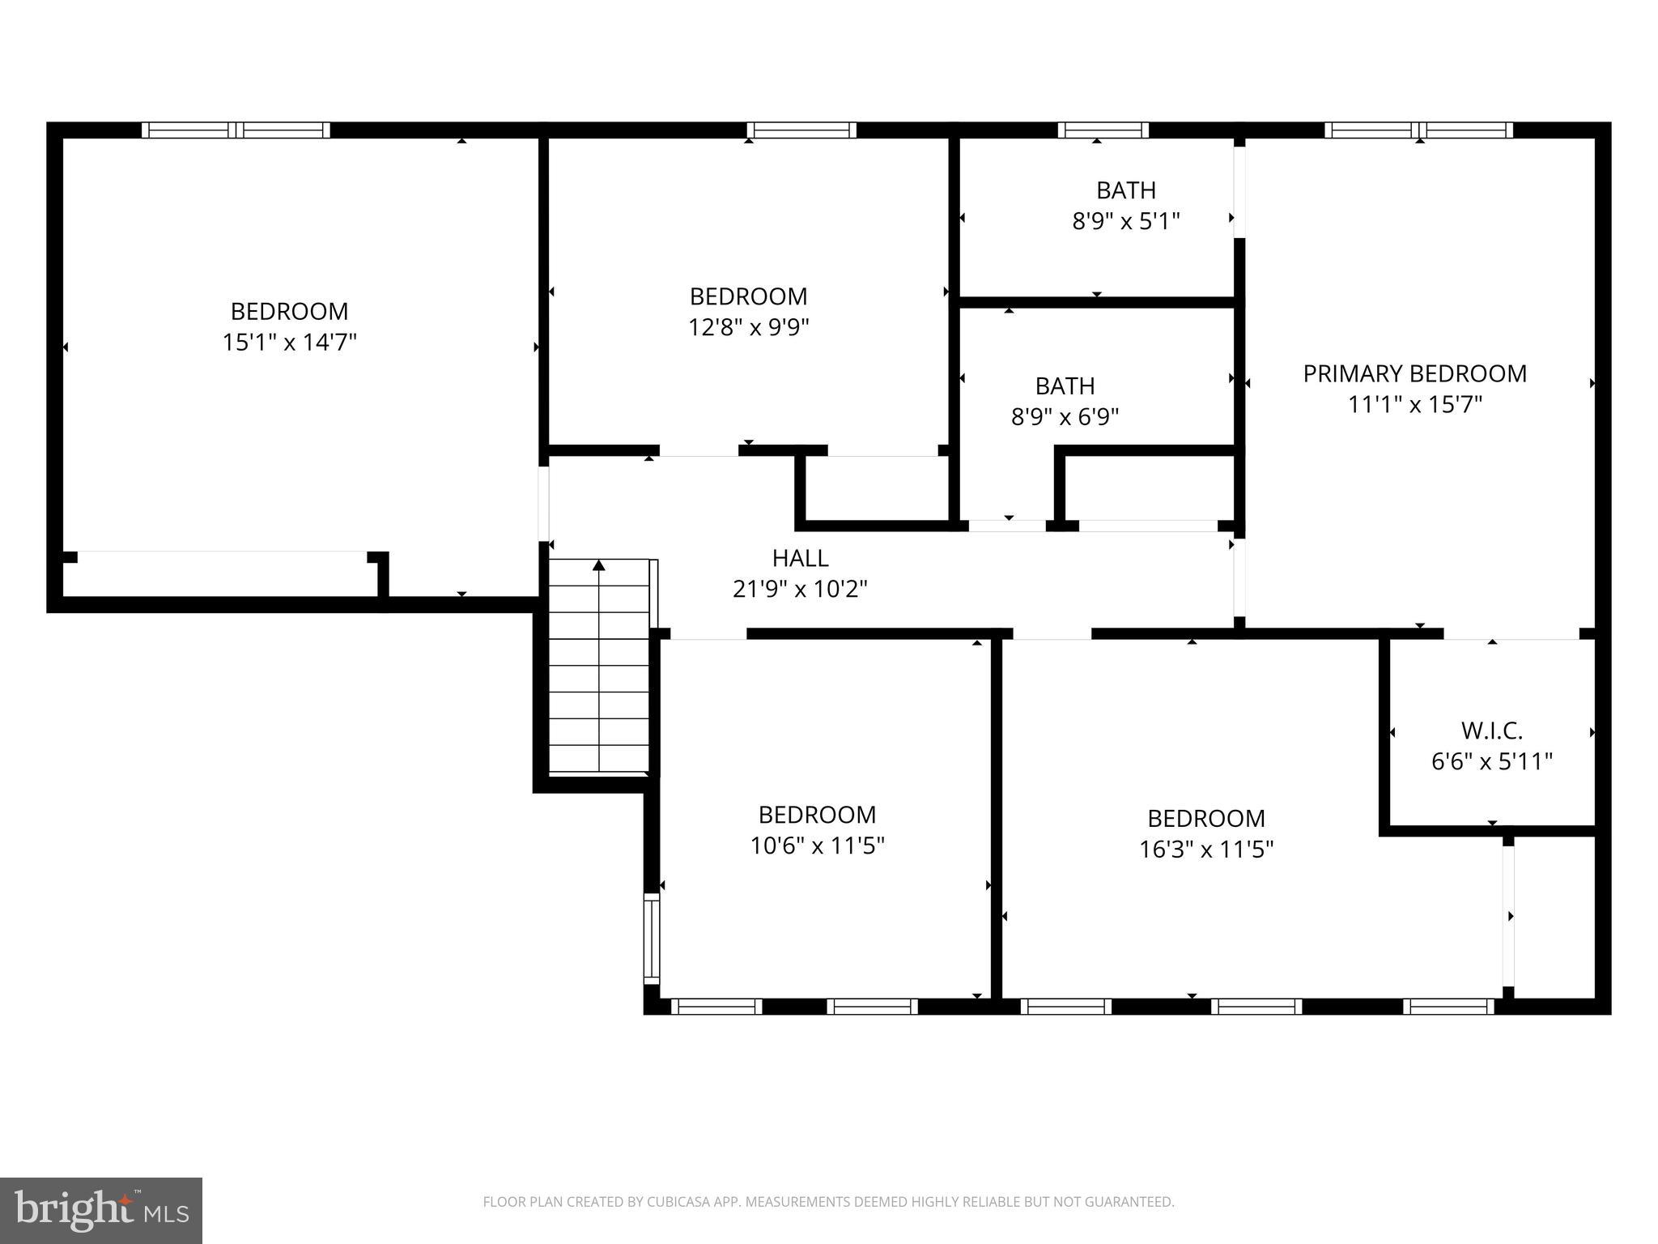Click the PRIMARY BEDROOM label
pyautogui.click(x=1414, y=373)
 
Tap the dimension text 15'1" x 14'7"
pyautogui.click(x=289, y=343)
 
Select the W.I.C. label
pyautogui.click(x=1491, y=731)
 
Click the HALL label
pyautogui.click(x=800, y=558)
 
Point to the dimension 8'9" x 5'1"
pyautogui.click(x=1125, y=221)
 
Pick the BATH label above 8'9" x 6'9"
pyautogui.click(x=1065, y=386)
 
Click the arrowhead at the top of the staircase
pyautogui.click(x=599, y=565)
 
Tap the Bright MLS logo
pyautogui.click(x=100, y=1210)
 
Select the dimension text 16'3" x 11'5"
pyautogui.click(x=1206, y=850)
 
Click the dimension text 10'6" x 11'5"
pyautogui.click(x=817, y=846)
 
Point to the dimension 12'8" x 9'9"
pyautogui.click(x=749, y=327)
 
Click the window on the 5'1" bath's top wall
pyautogui.click(x=1103, y=130)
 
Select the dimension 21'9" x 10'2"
pyautogui.click(x=800, y=589)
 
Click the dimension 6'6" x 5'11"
pyautogui.click(x=1491, y=761)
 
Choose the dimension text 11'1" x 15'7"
pyautogui.click(x=1414, y=404)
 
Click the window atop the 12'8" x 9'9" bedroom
pyautogui.click(x=801, y=130)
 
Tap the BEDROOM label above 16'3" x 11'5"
pyautogui.click(x=1206, y=818)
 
